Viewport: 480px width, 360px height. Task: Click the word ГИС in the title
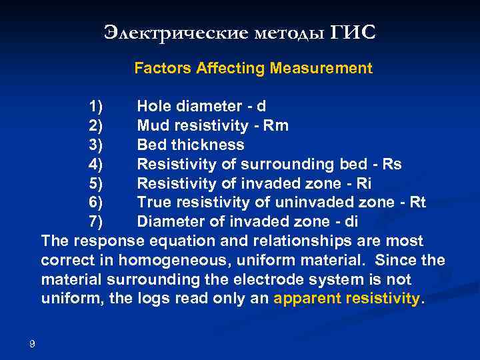[353, 32]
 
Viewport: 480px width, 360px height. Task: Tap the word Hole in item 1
[154, 106]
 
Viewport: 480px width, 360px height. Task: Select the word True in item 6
[154, 202]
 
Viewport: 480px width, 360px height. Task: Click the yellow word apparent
[305, 299]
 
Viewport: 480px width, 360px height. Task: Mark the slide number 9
[32, 343]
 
